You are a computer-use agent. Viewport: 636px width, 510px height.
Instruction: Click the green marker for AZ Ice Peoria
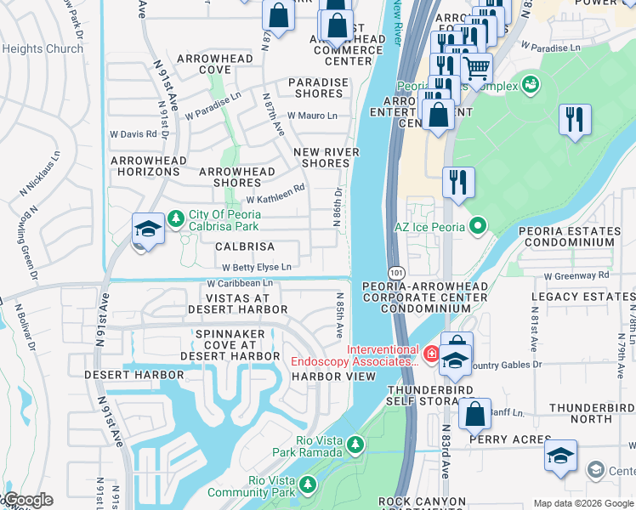click(x=478, y=226)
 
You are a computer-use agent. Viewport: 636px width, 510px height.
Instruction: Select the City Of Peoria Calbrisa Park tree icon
click(x=175, y=219)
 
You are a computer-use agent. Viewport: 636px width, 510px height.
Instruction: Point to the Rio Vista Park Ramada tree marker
click(x=355, y=445)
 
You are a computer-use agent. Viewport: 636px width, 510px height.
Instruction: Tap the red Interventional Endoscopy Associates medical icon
click(x=431, y=352)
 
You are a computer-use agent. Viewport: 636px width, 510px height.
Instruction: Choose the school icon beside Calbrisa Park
click(x=148, y=229)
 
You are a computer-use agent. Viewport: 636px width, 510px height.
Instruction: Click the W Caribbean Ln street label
click(x=241, y=282)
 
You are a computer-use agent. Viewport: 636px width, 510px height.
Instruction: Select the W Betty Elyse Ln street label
click(x=257, y=266)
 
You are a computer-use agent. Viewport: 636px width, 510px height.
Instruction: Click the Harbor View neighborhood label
click(x=321, y=376)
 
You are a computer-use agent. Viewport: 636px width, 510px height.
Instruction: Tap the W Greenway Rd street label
click(x=577, y=275)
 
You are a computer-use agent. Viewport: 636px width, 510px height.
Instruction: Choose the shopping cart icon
click(x=476, y=67)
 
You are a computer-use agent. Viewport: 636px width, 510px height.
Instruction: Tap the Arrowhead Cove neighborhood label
click(x=214, y=65)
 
